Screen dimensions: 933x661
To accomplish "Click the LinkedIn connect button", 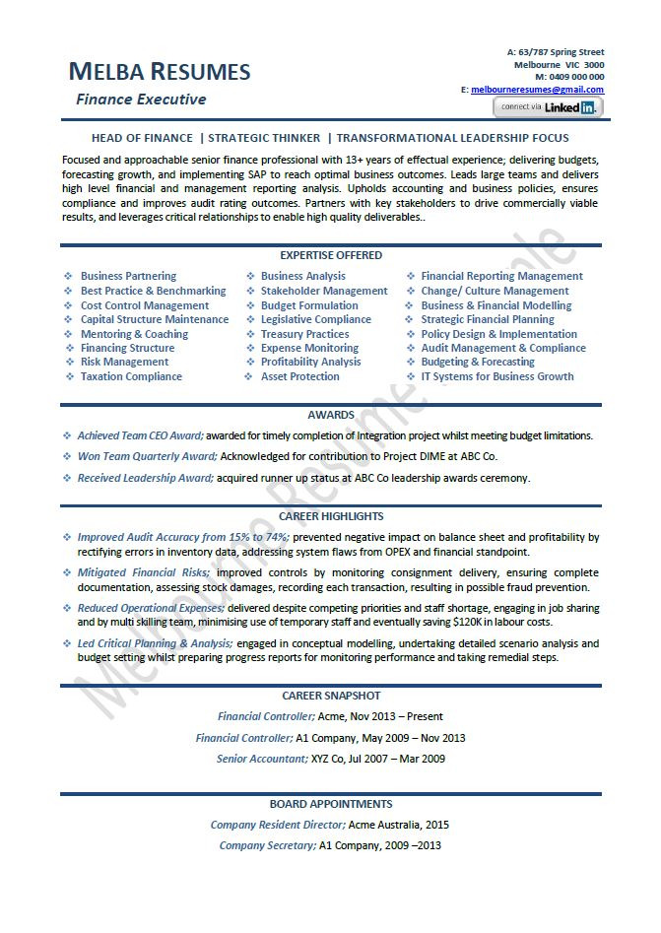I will [x=548, y=106].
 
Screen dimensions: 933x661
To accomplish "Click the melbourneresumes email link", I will [x=537, y=90].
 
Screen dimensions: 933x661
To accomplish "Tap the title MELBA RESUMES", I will [x=160, y=72].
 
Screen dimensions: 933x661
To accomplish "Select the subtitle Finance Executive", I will [x=141, y=100].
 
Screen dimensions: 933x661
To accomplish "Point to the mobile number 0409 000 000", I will [x=576, y=77].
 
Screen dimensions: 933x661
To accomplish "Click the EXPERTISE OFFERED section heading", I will [x=331, y=255].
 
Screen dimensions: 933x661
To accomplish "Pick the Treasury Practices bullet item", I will [x=304, y=334].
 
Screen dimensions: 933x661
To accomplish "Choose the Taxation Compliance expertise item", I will [x=131, y=376].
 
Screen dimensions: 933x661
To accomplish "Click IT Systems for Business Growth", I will [x=496, y=376].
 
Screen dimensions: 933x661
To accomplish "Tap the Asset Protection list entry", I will [x=299, y=376].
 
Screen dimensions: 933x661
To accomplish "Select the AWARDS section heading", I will [x=331, y=416].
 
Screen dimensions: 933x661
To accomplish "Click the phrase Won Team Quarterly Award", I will [x=147, y=457].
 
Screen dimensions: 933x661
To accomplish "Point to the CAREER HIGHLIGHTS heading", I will [x=331, y=516].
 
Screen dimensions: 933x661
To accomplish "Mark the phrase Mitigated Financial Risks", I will [x=143, y=572].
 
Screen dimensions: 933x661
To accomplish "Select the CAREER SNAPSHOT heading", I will [x=331, y=696].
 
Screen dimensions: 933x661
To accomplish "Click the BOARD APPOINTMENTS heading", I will [x=331, y=804].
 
